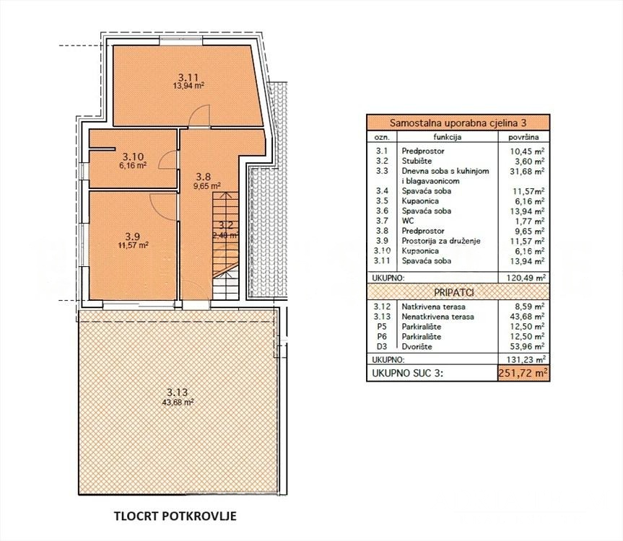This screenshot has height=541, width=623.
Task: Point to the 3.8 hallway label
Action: click(204, 175)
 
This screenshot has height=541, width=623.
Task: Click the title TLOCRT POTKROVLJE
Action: click(175, 516)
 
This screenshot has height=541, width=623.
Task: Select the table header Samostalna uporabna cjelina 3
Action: click(457, 123)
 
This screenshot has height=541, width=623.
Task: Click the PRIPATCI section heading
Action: click(457, 291)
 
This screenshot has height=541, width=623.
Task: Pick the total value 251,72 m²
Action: click(523, 372)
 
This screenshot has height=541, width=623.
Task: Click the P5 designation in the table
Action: click(378, 326)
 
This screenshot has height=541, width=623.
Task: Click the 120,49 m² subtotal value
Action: click(524, 276)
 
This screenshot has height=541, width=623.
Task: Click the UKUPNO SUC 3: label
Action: click(407, 373)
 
